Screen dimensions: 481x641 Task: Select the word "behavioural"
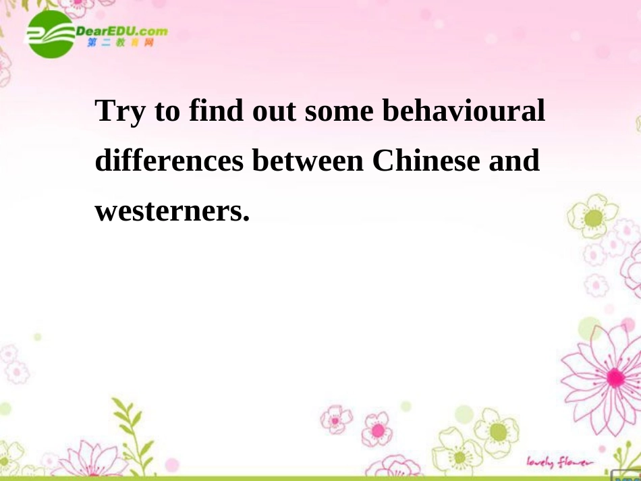pos(464,111)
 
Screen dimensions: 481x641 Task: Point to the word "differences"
pos(169,162)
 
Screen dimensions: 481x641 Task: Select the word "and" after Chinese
pos(515,162)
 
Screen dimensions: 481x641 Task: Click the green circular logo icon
pos(50,34)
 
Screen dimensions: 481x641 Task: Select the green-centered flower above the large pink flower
pos(592,217)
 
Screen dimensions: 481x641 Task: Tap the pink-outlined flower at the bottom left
pos(87,459)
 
